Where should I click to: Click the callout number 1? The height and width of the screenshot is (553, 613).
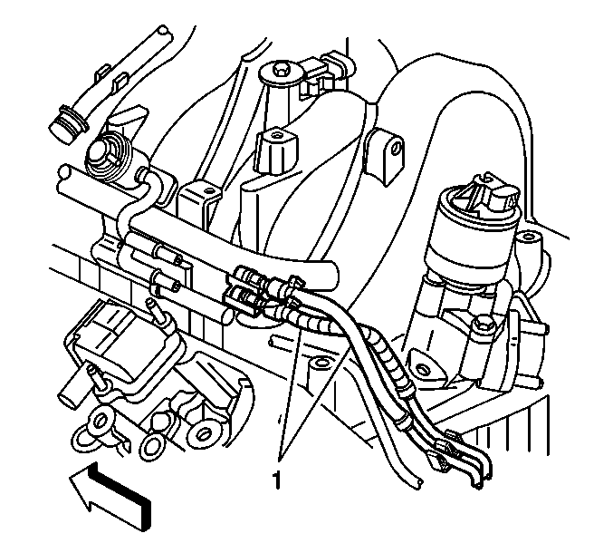(x=276, y=480)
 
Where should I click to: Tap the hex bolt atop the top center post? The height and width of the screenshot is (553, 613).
(x=280, y=69)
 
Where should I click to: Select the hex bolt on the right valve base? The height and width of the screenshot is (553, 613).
(x=481, y=324)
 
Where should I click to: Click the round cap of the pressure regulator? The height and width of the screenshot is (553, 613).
(x=99, y=153)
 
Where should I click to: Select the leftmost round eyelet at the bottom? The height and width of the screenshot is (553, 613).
(x=98, y=422)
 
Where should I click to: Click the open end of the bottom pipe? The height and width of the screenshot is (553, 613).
(x=417, y=482)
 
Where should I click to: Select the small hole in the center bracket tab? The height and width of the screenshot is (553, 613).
(x=209, y=191)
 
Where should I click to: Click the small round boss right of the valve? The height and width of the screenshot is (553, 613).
(x=528, y=237)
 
